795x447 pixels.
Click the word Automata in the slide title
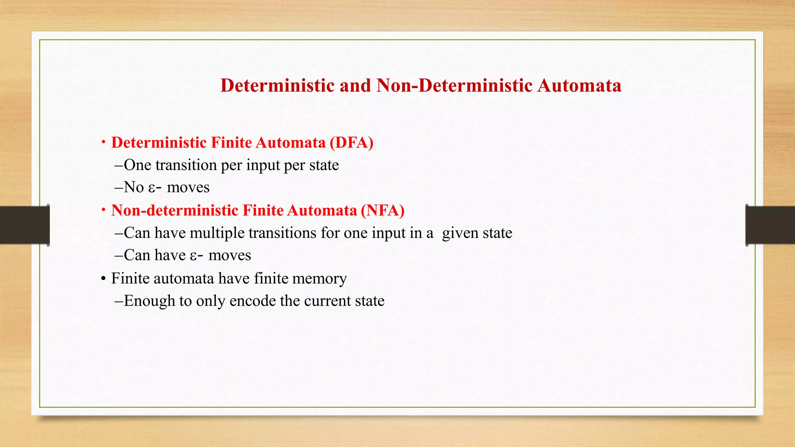(579, 85)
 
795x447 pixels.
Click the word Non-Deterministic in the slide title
(454, 85)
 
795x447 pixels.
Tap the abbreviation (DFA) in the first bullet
(351, 143)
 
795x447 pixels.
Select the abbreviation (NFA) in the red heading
(382, 210)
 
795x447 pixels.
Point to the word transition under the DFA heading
(186, 165)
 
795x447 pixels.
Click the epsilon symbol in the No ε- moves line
(152, 188)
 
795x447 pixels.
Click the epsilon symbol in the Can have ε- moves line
(193, 256)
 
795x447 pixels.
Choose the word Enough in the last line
(149, 301)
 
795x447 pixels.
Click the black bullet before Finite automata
(103, 279)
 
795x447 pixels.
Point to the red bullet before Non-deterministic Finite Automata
(103, 210)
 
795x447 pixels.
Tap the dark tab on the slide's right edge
(770, 225)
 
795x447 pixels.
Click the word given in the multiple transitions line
(460, 234)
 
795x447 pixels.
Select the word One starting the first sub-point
(137, 165)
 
